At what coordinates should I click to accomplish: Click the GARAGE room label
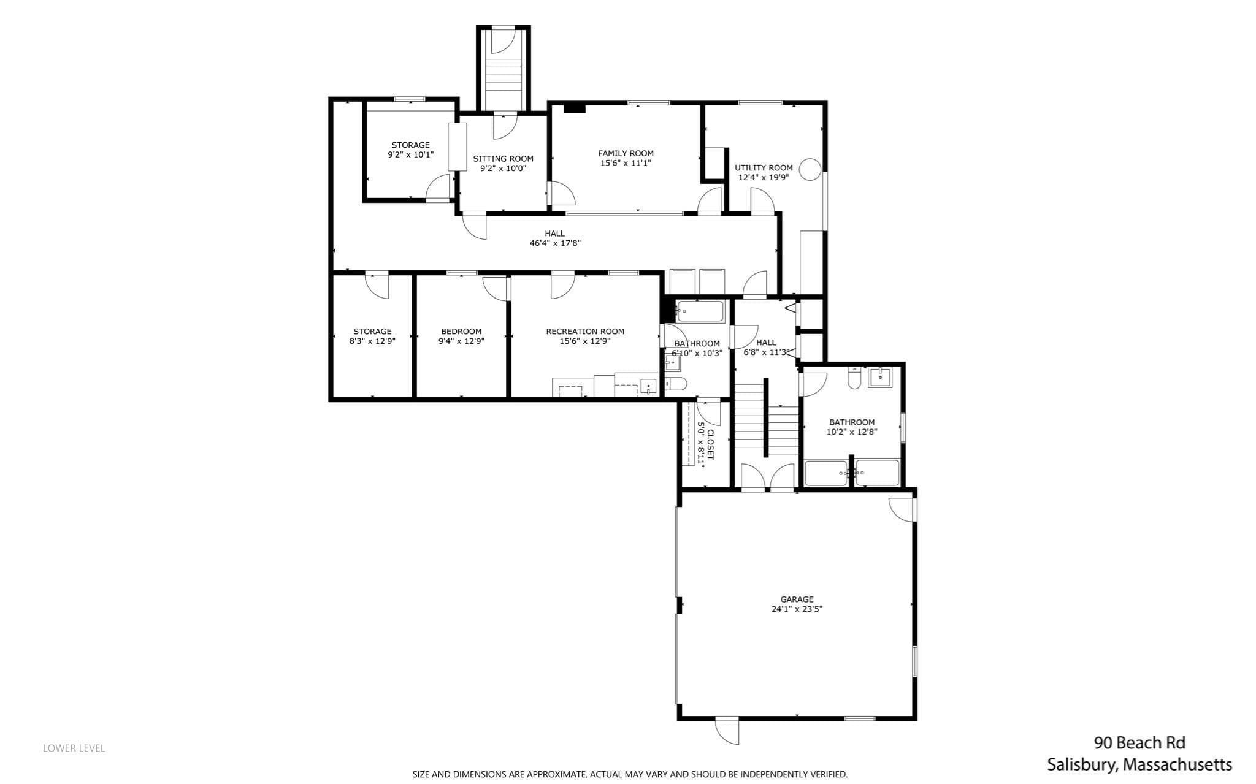click(797, 599)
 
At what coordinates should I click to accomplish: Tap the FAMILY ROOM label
click(626, 153)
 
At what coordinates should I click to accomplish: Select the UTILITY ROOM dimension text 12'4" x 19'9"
click(763, 177)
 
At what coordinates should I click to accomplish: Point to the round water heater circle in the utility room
click(810, 169)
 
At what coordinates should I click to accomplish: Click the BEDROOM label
click(461, 332)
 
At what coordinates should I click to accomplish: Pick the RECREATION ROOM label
click(585, 332)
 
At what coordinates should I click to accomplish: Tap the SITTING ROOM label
click(503, 159)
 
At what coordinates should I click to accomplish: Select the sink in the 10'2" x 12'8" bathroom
click(880, 377)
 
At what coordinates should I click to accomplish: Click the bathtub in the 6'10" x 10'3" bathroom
click(700, 311)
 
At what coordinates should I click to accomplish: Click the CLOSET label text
click(710, 444)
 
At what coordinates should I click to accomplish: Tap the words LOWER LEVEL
click(74, 748)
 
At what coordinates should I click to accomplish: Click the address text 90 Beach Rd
click(1139, 743)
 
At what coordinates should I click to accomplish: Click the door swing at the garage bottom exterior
click(727, 731)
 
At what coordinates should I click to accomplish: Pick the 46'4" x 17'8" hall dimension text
click(555, 243)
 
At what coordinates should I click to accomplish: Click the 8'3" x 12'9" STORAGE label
click(372, 337)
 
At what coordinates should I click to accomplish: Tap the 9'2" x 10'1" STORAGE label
click(410, 150)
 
